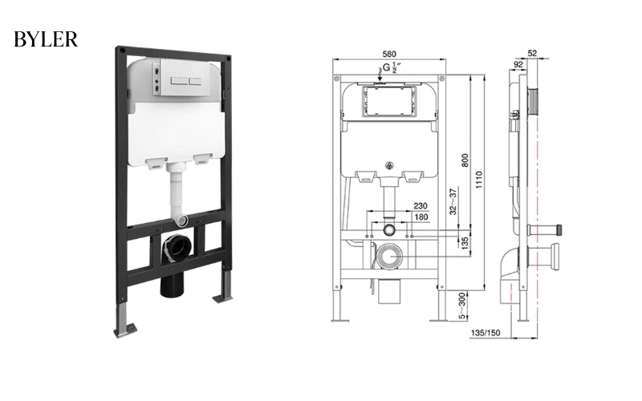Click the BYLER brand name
point(46,39)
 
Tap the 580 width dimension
point(389,54)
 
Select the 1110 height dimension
point(479,180)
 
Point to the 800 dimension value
point(465,160)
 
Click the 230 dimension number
point(420,206)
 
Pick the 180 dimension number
point(421,217)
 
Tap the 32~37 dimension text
point(453,202)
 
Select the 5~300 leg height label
point(462,306)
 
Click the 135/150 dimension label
point(486,333)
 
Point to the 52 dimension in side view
point(532,53)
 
